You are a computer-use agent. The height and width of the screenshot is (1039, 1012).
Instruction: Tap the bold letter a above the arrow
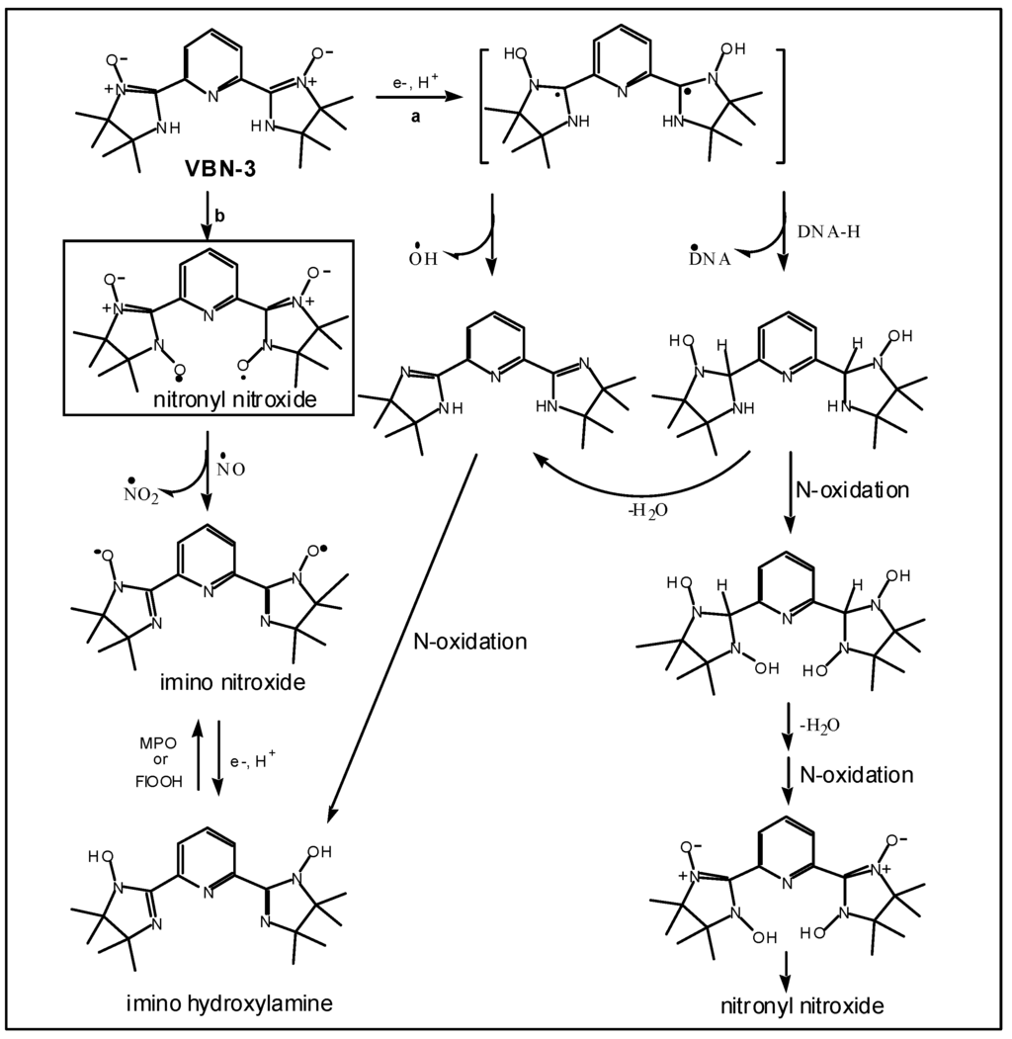click(x=416, y=118)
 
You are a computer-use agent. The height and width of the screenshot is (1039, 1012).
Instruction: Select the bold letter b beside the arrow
click(x=221, y=216)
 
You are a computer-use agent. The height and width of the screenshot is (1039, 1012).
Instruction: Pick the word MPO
click(x=158, y=741)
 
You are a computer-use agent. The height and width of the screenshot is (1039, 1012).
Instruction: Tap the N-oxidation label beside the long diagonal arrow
click(x=470, y=642)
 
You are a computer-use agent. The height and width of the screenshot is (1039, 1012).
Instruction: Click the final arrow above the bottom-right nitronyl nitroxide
click(x=787, y=972)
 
